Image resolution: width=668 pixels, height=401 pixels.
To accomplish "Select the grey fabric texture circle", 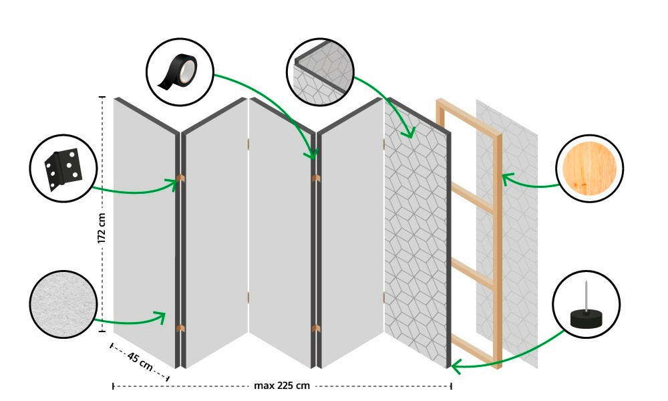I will [x=62, y=304].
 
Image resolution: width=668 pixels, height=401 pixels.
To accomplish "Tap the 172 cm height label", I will [x=102, y=228].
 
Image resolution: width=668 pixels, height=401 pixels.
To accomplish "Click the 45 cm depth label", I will [x=140, y=364].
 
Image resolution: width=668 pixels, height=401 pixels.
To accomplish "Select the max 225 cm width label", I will [x=282, y=386].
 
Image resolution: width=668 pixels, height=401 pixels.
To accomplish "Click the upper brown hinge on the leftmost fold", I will [x=180, y=178].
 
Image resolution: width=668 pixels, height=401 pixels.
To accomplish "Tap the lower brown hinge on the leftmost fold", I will [x=180, y=327].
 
